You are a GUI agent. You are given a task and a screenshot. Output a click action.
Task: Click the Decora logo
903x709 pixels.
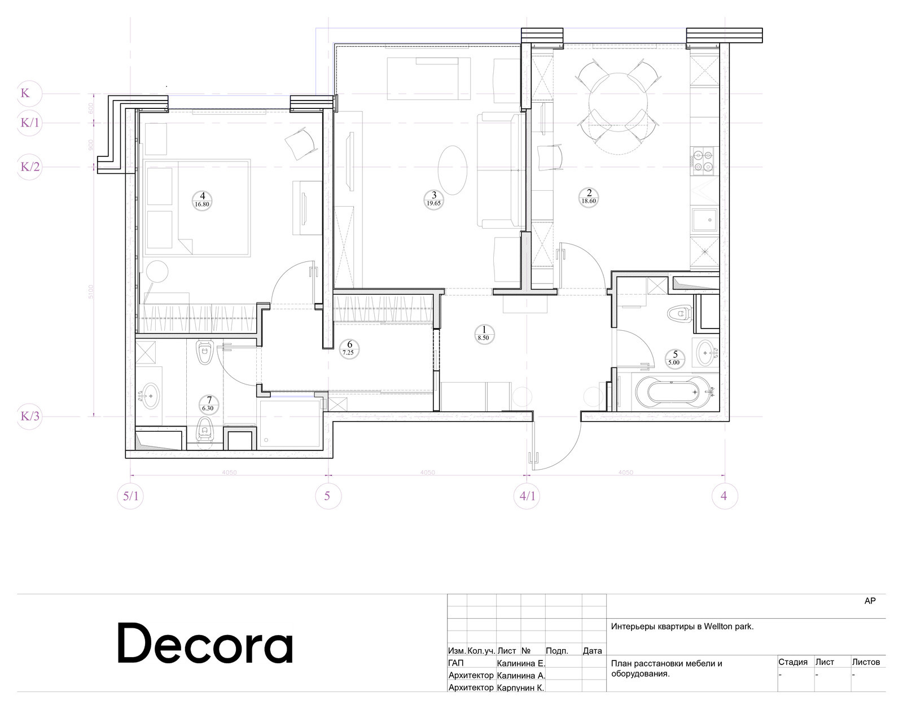tap(205, 644)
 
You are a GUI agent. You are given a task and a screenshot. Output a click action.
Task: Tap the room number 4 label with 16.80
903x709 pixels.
tap(202, 200)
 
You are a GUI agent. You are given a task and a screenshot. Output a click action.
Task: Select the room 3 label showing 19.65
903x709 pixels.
tap(433, 199)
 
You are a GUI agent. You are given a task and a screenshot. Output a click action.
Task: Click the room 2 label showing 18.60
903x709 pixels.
tap(589, 196)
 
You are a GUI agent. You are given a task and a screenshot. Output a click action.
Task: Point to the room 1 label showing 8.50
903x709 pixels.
tap(483, 333)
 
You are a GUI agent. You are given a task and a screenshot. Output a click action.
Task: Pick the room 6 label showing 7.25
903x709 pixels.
tap(349, 348)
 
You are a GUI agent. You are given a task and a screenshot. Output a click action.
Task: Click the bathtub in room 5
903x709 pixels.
tap(668, 389)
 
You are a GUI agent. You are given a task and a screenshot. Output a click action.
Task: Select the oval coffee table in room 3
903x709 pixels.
tap(453, 169)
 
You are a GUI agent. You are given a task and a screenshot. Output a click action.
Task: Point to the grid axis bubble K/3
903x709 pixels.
tap(30, 417)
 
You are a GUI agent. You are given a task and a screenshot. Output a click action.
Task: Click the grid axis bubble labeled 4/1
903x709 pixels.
tap(527, 496)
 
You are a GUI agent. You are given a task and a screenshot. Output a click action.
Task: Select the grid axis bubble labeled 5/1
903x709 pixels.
tap(130, 496)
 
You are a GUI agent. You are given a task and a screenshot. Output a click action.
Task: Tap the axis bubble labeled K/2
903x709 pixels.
tap(30, 167)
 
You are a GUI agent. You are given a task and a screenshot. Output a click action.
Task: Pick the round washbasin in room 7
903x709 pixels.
tap(150, 395)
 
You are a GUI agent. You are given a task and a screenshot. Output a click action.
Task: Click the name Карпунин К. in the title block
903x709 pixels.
tap(520, 688)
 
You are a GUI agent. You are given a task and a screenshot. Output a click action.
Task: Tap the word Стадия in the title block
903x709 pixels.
tap(792, 662)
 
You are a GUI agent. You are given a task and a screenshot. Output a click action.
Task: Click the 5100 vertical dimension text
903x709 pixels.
tap(92, 292)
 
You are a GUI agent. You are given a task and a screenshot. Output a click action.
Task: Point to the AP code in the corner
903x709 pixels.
tap(870, 601)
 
